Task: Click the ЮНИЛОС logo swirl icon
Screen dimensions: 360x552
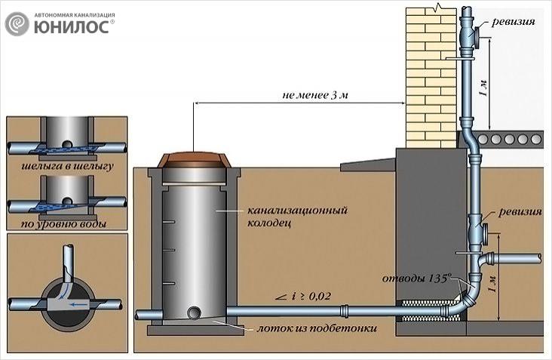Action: [17, 24]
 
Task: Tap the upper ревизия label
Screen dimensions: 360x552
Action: [514, 22]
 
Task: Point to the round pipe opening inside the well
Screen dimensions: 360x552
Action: [195, 312]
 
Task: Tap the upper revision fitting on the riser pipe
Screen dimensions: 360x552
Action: [473, 37]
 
